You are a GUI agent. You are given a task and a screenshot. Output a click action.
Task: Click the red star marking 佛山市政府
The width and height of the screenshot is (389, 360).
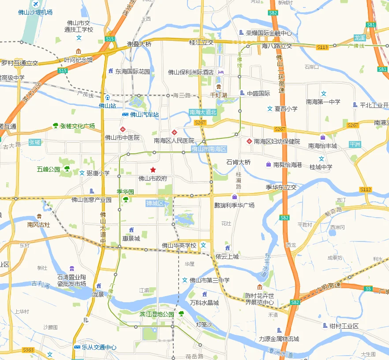click(x=153, y=170)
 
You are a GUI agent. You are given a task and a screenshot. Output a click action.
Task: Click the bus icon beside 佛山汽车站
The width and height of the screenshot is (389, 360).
click(x=125, y=115)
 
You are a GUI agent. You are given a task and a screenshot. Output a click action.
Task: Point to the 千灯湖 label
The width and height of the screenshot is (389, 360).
click(x=218, y=95)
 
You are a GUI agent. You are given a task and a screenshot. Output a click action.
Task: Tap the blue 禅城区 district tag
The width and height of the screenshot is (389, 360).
click(x=155, y=203)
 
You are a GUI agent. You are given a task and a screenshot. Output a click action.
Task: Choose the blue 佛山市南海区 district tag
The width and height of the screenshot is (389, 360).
click(x=209, y=149)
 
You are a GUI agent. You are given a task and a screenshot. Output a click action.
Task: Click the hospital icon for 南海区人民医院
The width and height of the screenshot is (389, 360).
click(x=175, y=132)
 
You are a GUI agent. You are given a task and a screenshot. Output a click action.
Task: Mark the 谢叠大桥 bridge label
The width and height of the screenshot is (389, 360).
click(x=139, y=44)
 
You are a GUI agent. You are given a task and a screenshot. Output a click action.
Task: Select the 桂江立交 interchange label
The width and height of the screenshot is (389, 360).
click(x=201, y=42)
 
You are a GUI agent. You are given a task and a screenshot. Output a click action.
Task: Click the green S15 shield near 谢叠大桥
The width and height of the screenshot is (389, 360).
click(x=110, y=39)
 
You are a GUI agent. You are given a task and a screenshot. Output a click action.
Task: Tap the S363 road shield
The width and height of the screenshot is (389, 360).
click(x=28, y=350)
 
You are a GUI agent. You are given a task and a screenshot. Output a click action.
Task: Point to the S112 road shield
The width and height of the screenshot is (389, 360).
click(x=366, y=189)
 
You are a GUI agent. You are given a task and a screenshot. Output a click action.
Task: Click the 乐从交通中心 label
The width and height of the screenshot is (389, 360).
click(x=99, y=347)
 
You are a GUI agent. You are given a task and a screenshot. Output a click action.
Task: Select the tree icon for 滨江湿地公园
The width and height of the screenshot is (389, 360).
click(x=181, y=314)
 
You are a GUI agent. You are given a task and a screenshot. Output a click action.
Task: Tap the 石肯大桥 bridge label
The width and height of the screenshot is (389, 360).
click(x=239, y=162)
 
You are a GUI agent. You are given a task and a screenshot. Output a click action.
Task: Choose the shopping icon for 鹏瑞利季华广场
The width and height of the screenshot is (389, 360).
click(x=235, y=197)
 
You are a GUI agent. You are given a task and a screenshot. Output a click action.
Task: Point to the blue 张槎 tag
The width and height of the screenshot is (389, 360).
click(x=34, y=142)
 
